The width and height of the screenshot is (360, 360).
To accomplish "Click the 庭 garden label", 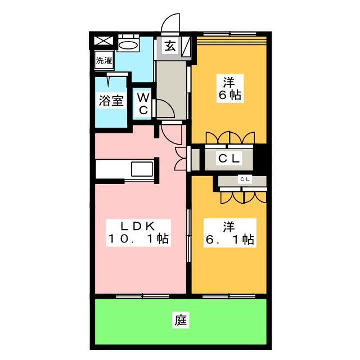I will [x=180, y=320].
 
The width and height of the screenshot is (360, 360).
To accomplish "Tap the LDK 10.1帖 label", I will [x=139, y=233].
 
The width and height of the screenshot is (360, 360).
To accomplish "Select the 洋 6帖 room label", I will [x=229, y=88].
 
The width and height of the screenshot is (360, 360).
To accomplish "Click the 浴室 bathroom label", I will [x=110, y=100].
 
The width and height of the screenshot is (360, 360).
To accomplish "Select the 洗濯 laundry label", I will [x=104, y=61].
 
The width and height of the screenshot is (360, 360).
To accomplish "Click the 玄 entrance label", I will [x=170, y=46].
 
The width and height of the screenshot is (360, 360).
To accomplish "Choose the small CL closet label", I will [x=245, y=179].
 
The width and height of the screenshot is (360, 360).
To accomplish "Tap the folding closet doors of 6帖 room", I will [x=230, y=137].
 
